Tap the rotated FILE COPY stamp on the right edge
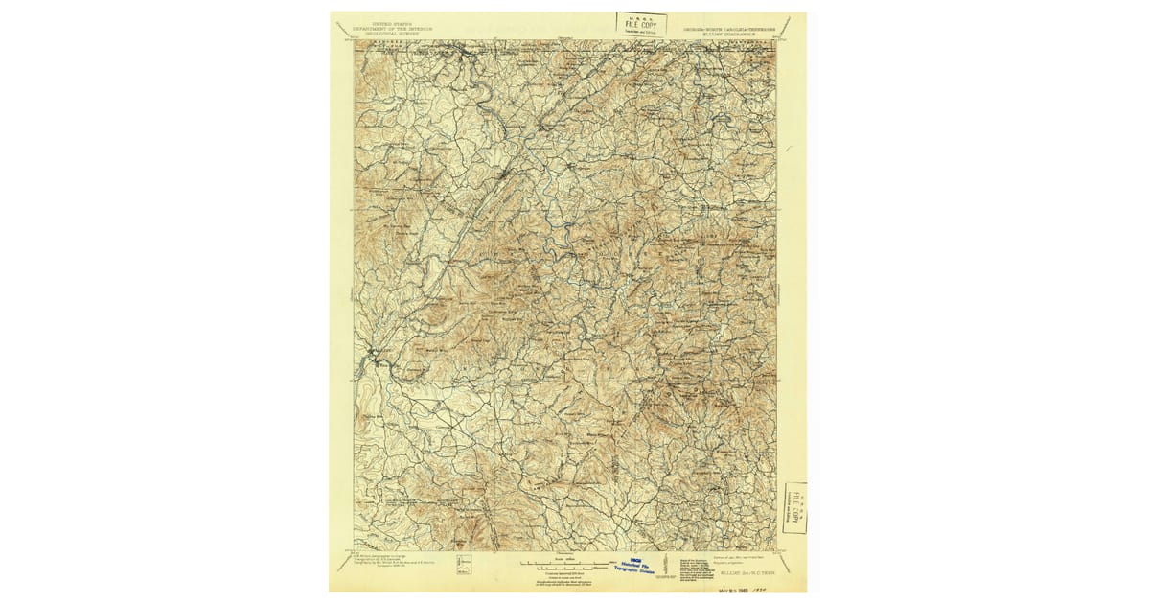point(794,507)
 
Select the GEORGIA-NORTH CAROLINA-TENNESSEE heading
point(729,29)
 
